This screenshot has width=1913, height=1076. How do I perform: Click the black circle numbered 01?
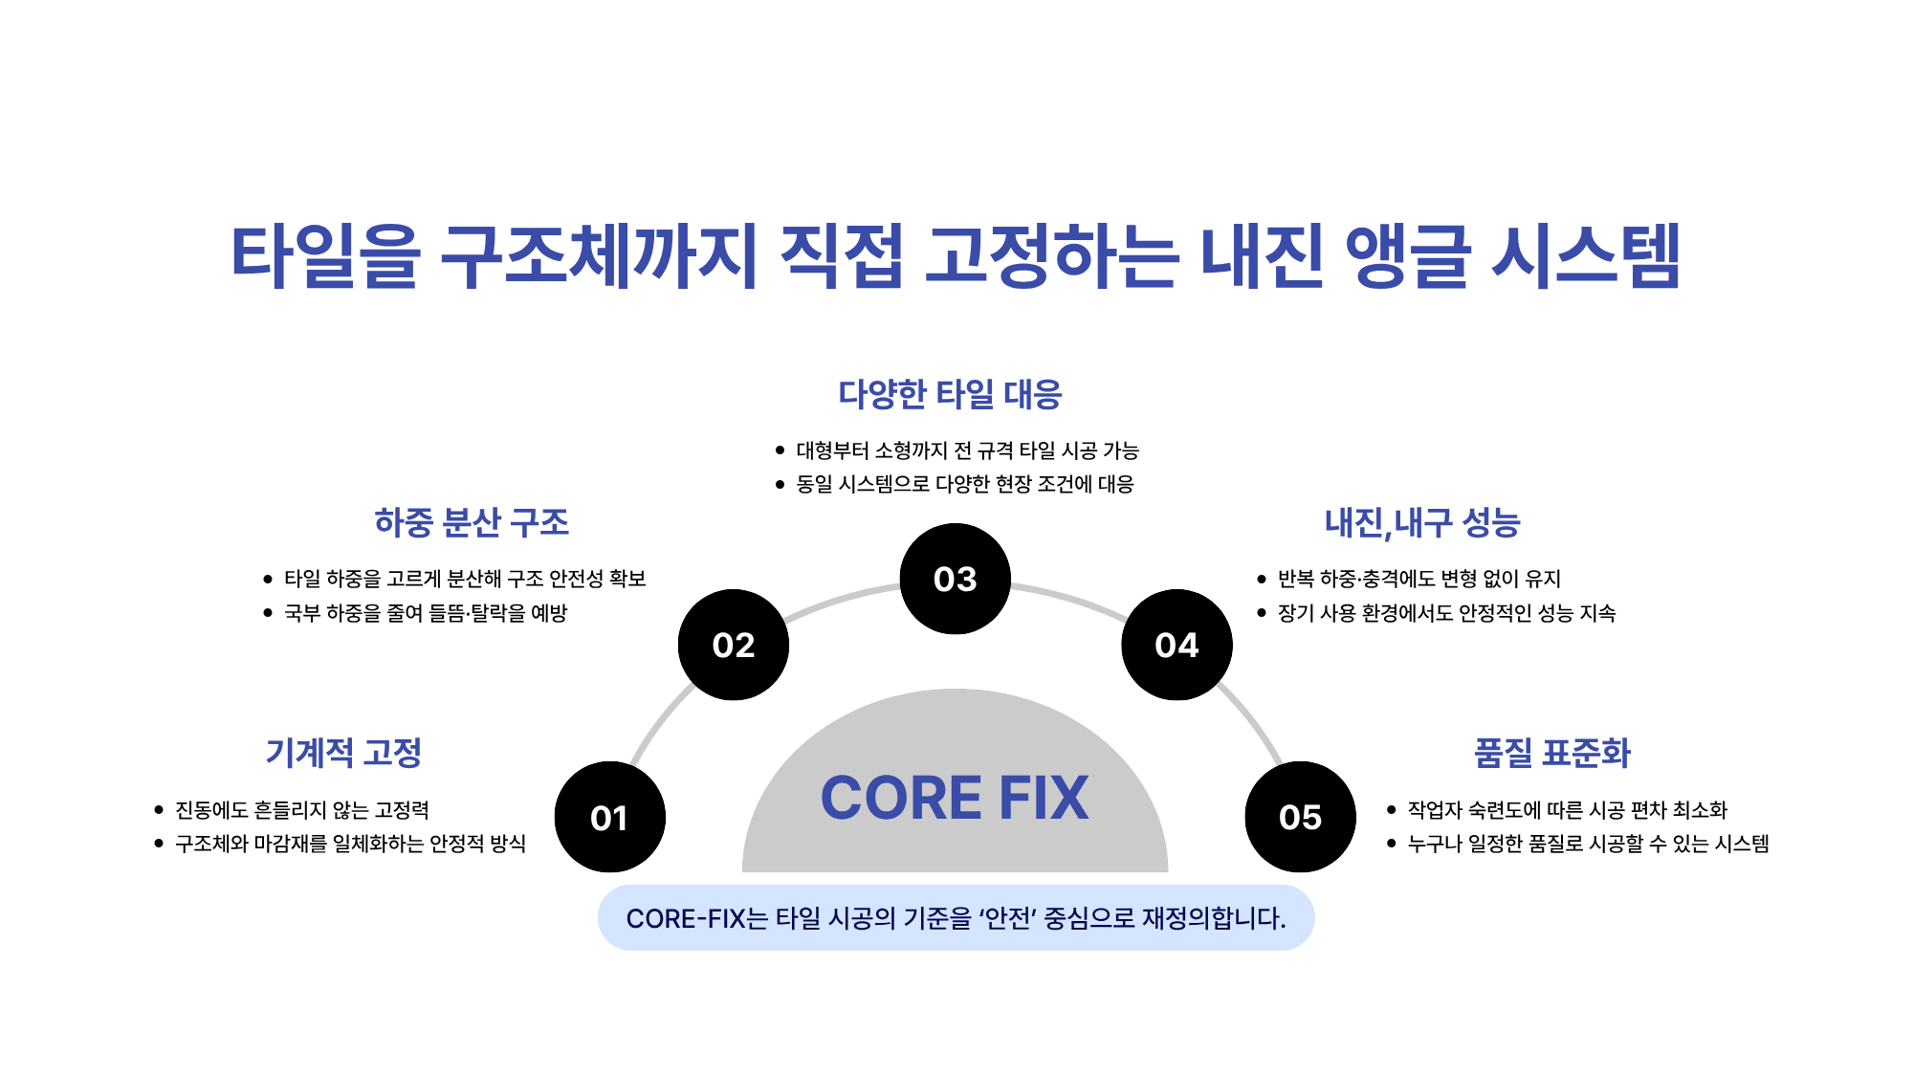(x=609, y=817)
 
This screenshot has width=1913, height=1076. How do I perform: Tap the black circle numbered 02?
(x=734, y=645)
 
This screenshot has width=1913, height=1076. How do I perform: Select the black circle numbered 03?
(x=955, y=579)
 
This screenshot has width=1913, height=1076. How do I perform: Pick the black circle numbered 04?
(x=1176, y=645)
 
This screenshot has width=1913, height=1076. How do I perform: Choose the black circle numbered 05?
(x=1300, y=817)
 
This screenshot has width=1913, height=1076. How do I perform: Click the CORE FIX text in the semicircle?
(x=955, y=798)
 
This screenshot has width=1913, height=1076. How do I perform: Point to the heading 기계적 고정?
(x=343, y=753)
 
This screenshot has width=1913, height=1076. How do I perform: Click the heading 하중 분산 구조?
(x=472, y=522)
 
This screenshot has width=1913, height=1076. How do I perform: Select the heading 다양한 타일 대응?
(x=950, y=394)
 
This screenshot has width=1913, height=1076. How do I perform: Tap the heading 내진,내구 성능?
(x=1422, y=522)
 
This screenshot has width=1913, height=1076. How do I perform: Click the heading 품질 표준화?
(x=1551, y=753)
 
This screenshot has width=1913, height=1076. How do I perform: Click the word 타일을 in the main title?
(x=325, y=256)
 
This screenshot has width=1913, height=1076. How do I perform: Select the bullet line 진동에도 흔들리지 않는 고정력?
(x=301, y=810)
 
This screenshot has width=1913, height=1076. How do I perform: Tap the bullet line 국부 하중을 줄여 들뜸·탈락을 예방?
(x=426, y=613)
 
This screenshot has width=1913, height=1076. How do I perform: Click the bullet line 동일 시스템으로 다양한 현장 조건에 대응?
(x=964, y=484)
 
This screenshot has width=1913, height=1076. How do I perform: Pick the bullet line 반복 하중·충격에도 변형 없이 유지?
(x=1418, y=579)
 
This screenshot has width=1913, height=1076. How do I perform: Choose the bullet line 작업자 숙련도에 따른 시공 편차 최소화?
(x=1567, y=810)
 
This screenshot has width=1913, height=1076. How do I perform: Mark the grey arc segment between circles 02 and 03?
(x=842, y=599)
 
